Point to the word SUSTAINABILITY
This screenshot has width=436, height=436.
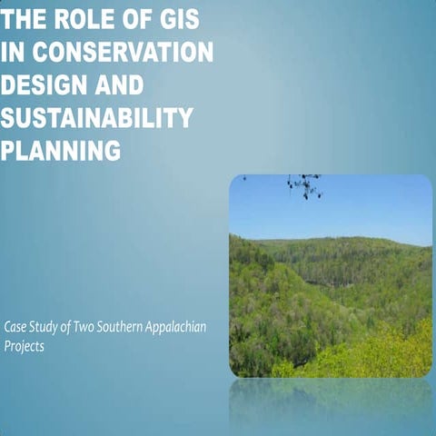(x=97, y=118)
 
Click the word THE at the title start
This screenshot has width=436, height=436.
(x=24, y=20)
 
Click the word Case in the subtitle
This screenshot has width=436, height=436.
(x=15, y=326)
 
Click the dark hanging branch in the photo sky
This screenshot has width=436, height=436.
(x=305, y=185)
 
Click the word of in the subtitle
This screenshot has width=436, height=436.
(x=65, y=326)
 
